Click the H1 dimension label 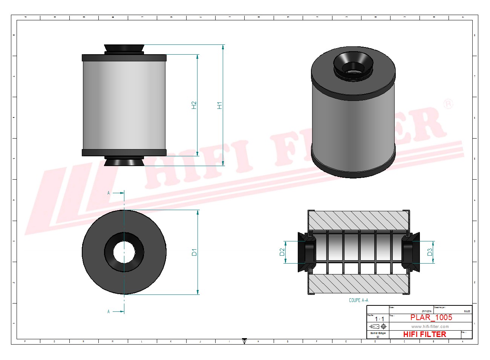(x=220, y=105)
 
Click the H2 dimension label (x=194, y=105)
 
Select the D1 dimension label (x=194, y=252)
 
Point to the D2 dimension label (x=282, y=252)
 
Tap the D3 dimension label (x=430, y=252)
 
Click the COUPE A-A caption (x=358, y=300)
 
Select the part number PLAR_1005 (x=431, y=317)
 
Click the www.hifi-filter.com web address (x=430, y=326)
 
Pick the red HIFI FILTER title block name (x=424, y=334)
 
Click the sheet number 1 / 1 (x=379, y=319)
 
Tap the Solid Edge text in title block (x=378, y=333)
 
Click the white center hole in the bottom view (x=124, y=252)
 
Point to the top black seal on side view (x=124, y=49)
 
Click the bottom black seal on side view (x=124, y=162)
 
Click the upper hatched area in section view (x=358, y=220)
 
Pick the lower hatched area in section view (x=358, y=284)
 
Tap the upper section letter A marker (x=109, y=193)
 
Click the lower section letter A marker (x=109, y=311)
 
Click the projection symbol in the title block (x=378, y=326)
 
